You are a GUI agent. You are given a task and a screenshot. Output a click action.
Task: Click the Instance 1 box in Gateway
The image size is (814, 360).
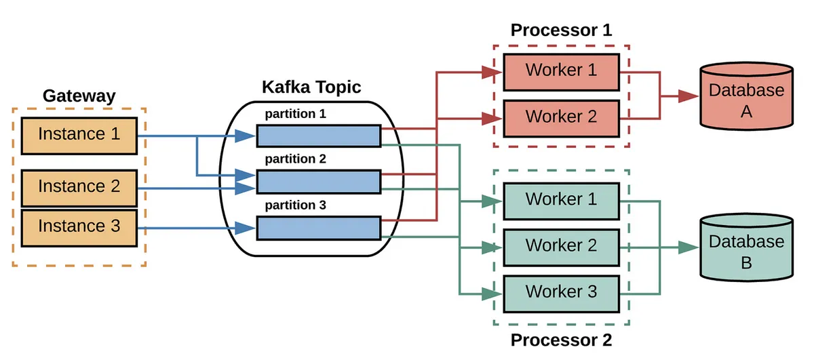pyautogui.click(x=79, y=134)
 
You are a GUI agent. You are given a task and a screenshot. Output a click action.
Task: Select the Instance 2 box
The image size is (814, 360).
pyautogui.click(x=79, y=186)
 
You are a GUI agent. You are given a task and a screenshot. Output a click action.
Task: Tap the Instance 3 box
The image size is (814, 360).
pyautogui.click(x=79, y=226)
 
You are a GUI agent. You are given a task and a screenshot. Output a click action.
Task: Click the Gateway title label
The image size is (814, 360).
pyautogui.click(x=79, y=96)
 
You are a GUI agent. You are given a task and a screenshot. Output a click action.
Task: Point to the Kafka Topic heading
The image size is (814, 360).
pyautogui.click(x=311, y=87)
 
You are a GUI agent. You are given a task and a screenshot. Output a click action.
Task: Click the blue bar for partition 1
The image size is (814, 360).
pyautogui.click(x=318, y=136)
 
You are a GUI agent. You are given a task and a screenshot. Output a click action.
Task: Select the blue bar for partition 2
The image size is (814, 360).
pyautogui.click(x=318, y=181)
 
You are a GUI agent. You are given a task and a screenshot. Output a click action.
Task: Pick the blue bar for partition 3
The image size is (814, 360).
pyautogui.click(x=318, y=227)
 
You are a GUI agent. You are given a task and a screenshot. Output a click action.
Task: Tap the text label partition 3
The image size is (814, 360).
pyautogui.click(x=296, y=205)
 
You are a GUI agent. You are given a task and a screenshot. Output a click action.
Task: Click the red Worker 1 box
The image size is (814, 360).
pyautogui.click(x=561, y=71)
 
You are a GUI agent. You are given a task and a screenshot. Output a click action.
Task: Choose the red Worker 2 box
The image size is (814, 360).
pyautogui.click(x=561, y=117)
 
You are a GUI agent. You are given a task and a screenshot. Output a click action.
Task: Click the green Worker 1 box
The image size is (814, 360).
pyautogui.click(x=561, y=200)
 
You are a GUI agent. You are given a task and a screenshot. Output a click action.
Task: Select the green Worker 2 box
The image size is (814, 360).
pyautogui.click(x=561, y=245)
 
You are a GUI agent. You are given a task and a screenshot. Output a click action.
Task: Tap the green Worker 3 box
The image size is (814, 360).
pyautogui.click(x=561, y=292)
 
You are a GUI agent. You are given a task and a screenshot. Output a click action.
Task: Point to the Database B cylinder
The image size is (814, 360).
pyautogui.click(x=745, y=248)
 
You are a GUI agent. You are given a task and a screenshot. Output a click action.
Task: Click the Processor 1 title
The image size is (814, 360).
pyautogui.click(x=561, y=31)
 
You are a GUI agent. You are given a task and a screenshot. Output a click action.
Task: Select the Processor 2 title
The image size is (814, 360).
pyautogui.click(x=561, y=340)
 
